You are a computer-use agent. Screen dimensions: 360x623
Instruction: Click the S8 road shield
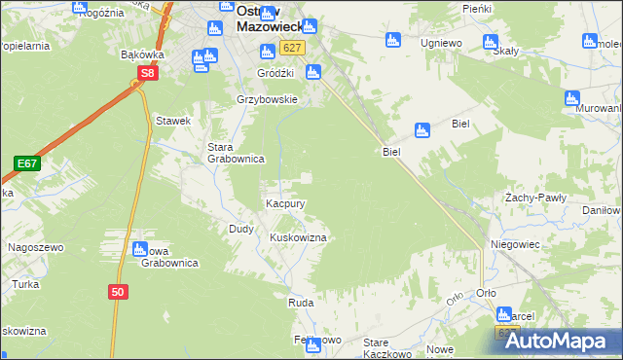tap(146, 73)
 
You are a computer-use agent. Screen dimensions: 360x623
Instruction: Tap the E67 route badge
tap(26, 163)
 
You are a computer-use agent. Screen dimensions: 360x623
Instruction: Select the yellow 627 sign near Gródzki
tap(291, 48)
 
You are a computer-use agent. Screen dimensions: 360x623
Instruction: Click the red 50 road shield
tap(118, 291)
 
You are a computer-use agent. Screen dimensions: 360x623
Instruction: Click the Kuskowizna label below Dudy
tap(297, 237)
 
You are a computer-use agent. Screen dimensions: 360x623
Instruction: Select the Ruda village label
tap(299, 304)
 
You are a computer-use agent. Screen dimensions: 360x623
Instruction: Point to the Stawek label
tap(173, 121)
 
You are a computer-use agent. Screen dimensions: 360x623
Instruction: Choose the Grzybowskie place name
tap(267, 100)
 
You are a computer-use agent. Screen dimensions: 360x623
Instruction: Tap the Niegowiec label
tap(515, 244)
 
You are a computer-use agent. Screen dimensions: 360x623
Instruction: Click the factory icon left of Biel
tap(421, 129)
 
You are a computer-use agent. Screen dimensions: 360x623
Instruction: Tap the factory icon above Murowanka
tap(572, 98)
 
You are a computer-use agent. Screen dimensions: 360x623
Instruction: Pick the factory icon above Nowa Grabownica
tap(139, 249)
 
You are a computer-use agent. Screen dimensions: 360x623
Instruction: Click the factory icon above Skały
tap(490, 42)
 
